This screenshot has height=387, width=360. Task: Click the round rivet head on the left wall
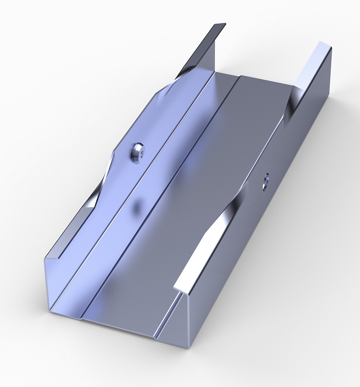(136, 151)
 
